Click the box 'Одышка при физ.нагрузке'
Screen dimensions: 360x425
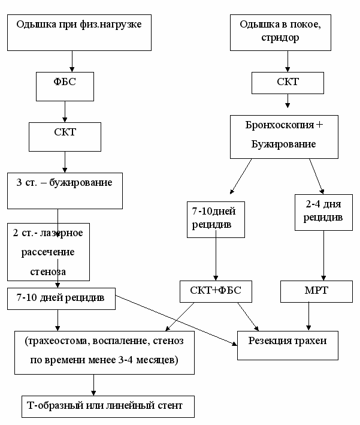(79, 32)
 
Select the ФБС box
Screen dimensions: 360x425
(65, 86)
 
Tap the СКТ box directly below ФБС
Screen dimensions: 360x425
(65, 137)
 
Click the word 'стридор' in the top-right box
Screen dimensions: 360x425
(280, 37)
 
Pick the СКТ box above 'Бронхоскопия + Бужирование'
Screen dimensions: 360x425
(288, 83)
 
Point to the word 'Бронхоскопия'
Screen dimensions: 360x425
(280, 125)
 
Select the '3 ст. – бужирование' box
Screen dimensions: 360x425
(65, 191)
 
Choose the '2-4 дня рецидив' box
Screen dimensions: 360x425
(323, 212)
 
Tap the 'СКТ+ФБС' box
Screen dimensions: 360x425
(216, 292)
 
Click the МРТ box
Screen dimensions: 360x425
(316, 292)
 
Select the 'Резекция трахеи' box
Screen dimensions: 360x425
(288, 346)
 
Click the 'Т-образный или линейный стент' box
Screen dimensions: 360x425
(108, 406)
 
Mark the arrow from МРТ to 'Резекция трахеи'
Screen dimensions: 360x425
(308, 317)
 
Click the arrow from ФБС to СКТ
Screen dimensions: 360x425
(65, 111)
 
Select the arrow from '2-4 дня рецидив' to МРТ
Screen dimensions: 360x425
(323, 255)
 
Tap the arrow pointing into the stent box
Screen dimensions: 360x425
(93, 385)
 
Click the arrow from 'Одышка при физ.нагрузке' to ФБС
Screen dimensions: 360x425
(72, 61)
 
